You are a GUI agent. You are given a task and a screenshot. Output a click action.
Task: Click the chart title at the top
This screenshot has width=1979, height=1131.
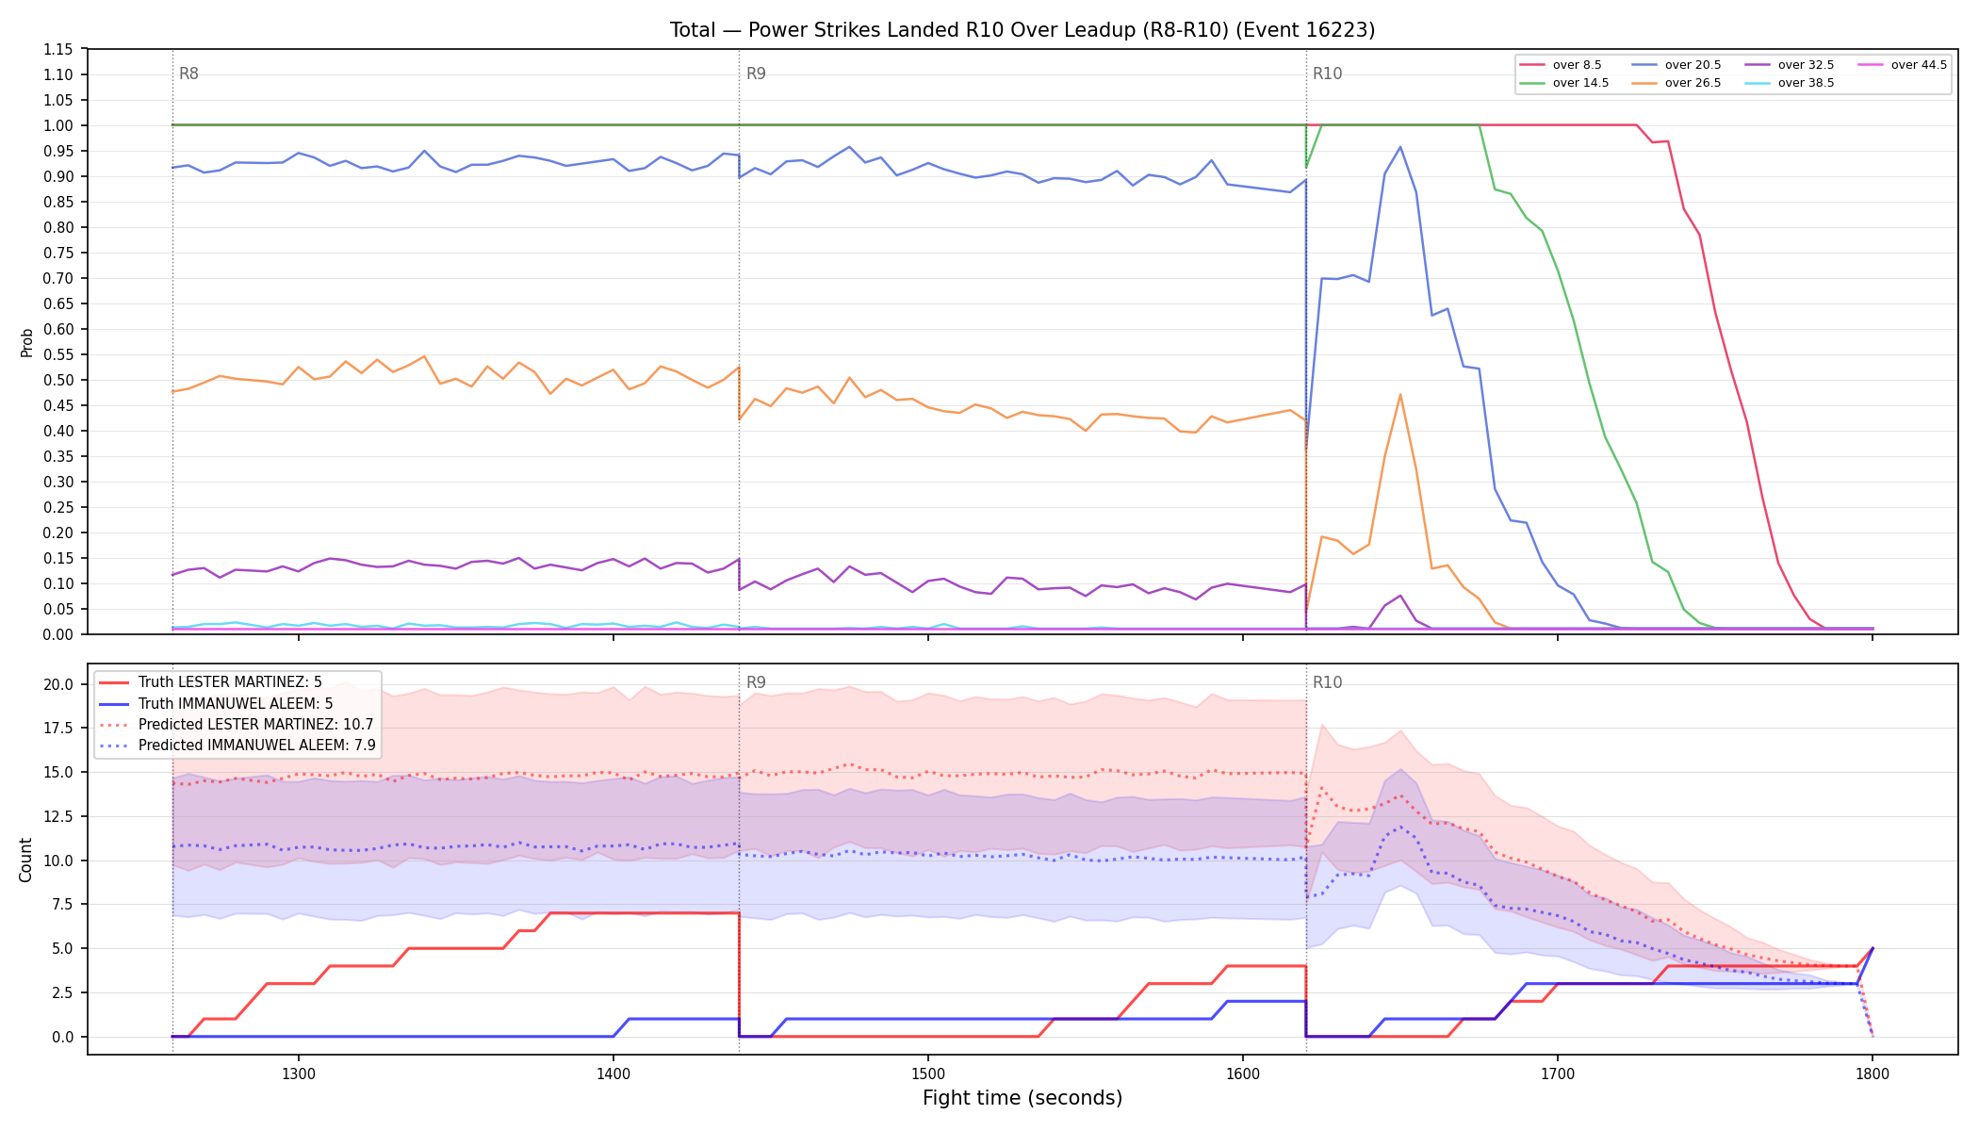point(1022,30)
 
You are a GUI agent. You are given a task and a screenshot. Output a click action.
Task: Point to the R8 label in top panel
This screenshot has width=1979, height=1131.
point(188,74)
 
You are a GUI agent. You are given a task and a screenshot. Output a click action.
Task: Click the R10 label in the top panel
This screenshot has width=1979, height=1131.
point(1327,74)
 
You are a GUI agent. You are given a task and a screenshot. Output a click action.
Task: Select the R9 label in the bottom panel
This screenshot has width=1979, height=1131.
point(756,682)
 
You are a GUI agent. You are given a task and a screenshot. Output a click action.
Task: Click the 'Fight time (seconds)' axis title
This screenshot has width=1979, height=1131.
point(1022,1098)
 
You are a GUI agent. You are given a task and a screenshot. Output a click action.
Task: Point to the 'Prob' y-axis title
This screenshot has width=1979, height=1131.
point(26,342)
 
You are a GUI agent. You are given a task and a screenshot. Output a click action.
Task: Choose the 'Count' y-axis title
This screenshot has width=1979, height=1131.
point(25,860)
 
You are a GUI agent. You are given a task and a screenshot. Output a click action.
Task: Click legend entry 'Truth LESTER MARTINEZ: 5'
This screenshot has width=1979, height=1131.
point(230,682)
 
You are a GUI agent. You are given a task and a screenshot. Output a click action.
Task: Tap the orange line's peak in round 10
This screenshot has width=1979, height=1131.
point(1400,394)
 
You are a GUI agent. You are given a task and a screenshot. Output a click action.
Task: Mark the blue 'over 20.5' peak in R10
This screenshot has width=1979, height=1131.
point(1400,147)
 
